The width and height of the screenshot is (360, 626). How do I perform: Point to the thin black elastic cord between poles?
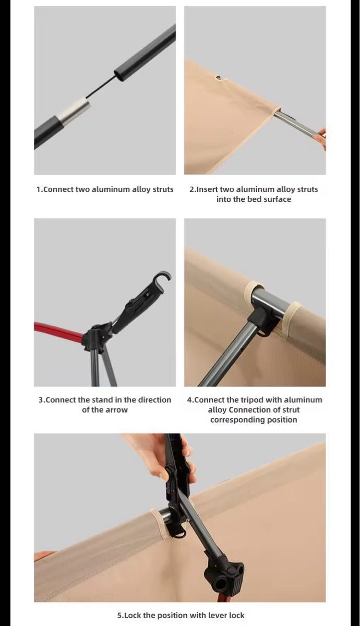(x=101, y=87)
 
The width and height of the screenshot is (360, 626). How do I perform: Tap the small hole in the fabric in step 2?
(x=221, y=78)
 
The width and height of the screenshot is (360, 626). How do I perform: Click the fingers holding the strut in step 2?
(x=320, y=138)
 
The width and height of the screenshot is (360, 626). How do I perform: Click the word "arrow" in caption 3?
(x=117, y=410)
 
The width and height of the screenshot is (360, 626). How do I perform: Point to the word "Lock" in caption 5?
(x=133, y=615)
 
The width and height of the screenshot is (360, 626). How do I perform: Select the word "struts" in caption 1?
(x=163, y=189)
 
